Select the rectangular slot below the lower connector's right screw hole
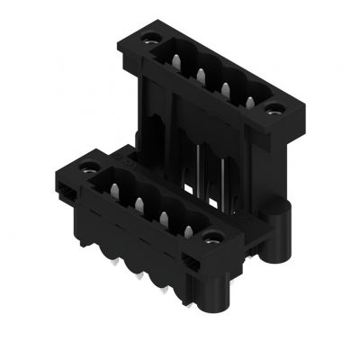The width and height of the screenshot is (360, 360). (193, 261)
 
